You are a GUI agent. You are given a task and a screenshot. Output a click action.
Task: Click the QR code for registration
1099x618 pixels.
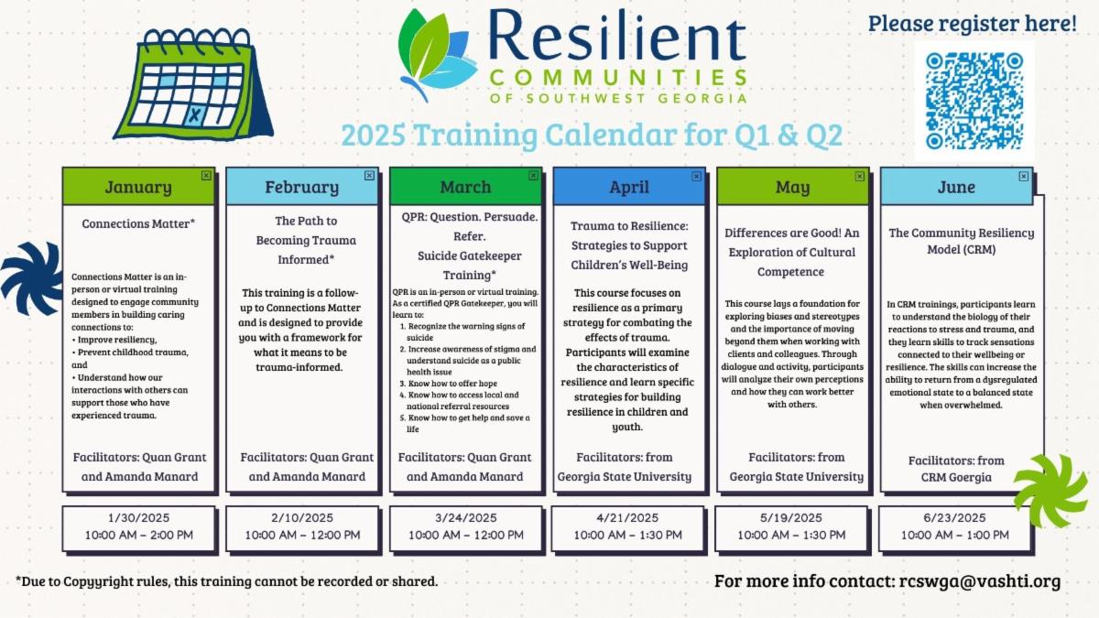point(974,101)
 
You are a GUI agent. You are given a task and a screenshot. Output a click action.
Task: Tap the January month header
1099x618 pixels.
point(138,187)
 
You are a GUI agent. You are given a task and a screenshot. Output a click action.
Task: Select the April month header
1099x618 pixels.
point(629,187)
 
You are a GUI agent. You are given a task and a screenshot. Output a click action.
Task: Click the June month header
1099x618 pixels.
point(956,187)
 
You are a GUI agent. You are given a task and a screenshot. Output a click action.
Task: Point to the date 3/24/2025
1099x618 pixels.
point(465,517)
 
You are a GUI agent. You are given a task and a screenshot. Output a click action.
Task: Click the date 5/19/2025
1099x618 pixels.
point(791,517)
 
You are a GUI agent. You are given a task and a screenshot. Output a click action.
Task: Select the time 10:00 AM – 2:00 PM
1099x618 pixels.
point(139,535)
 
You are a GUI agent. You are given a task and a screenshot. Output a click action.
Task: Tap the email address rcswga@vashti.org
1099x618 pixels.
point(980,581)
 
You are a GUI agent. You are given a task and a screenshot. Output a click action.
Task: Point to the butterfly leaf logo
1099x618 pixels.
point(437,55)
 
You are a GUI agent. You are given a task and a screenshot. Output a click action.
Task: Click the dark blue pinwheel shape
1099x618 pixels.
point(31,278)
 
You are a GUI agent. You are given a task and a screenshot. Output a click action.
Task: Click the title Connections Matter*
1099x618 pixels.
point(138,223)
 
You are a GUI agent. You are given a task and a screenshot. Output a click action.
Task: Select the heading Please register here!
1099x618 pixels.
point(973,24)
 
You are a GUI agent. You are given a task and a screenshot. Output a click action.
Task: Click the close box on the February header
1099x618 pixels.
point(369,176)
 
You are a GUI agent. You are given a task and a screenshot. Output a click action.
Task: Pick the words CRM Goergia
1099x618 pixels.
point(956,477)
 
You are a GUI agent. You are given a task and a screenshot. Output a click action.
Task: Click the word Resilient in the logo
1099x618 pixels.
point(617,36)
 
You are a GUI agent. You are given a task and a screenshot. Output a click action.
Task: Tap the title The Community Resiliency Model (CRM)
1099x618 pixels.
point(961,241)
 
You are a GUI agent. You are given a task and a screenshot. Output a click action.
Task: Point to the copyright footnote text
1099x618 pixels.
point(227,581)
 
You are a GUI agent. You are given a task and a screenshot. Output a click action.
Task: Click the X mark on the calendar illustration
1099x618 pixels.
point(195,115)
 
